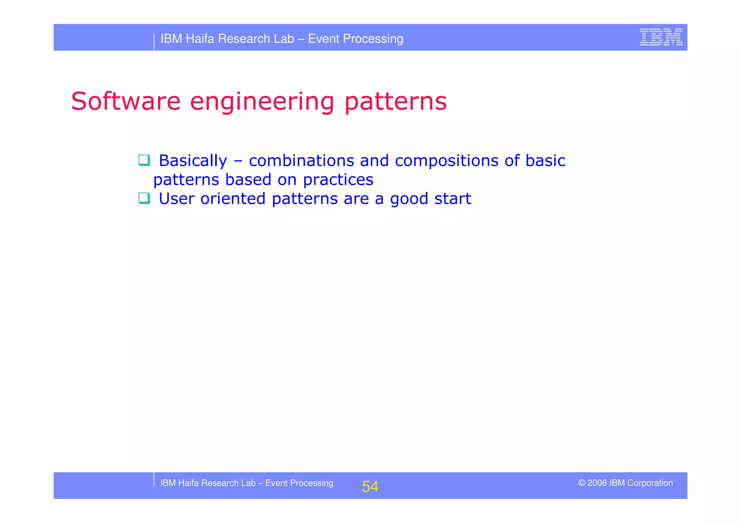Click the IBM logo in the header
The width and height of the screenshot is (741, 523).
661,37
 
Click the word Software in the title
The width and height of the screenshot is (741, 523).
126,101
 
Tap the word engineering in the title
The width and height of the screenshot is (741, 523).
262,102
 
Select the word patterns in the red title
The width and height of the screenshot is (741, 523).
395,102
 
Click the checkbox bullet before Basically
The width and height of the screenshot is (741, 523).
144,160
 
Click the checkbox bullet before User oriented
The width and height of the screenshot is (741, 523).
144,198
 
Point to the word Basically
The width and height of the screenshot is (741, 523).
193,161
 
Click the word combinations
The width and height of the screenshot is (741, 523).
301,160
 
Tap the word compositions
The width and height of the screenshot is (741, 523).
446,161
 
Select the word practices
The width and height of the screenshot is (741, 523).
338,180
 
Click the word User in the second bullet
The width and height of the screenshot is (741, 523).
177,198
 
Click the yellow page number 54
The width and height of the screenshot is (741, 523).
370,486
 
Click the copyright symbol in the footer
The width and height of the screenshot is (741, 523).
581,483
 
